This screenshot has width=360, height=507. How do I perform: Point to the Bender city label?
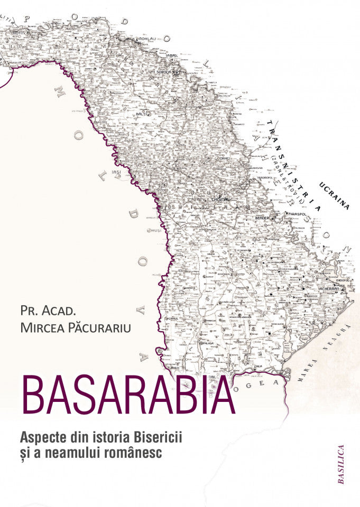(x=263, y=217)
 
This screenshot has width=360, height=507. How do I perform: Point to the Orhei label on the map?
(x=226, y=158)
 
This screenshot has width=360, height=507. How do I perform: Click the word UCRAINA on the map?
(x=334, y=195)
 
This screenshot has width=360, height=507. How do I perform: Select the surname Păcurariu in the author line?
(x=104, y=327)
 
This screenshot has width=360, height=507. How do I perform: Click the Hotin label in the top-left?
(x=19, y=32)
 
